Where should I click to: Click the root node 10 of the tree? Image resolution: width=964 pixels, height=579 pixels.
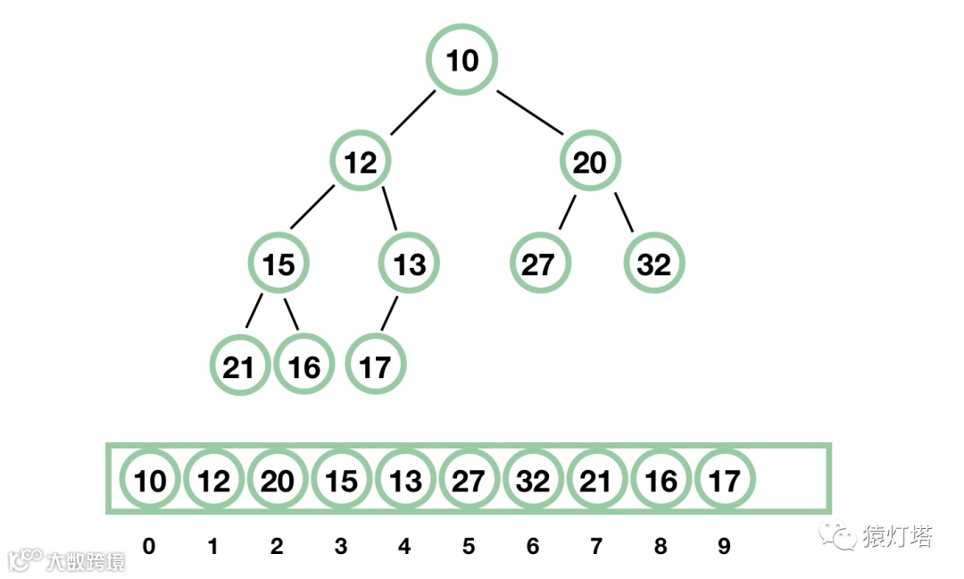click(x=461, y=61)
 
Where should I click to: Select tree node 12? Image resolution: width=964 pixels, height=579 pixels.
click(x=361, y=163)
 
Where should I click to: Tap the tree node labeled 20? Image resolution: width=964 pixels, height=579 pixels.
click(x=589, y=163)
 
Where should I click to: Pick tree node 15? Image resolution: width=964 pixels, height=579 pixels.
click(x=278, y=264)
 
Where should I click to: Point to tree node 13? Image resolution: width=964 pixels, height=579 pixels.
click(x=410, y=264)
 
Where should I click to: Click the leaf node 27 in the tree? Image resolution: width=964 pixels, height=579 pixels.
click(x=539, y=264)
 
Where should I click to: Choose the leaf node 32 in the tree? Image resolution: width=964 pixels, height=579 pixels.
click(x=654, y=264)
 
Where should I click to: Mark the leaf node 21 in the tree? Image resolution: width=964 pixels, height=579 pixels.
click(x=238, y=366)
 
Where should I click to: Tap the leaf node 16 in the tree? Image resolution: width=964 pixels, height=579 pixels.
click(x=304, y=366)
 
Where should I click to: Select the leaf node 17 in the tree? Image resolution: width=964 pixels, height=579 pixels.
click(x=375, y=366)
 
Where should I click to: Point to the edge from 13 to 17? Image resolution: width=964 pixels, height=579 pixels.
click(x=390, y=315)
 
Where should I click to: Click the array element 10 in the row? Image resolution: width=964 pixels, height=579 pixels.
click(x=149, y=481)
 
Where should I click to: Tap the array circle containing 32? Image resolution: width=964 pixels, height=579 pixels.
click(x=533, y=481)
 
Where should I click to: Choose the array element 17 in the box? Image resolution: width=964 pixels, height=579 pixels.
click(x=725, y=481)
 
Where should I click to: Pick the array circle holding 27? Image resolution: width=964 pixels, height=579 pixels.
click(x=470, y=481)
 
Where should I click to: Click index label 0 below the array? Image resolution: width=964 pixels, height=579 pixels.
click(x=148, y=546)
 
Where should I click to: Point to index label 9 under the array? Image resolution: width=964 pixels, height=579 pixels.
click(x=724, y=546)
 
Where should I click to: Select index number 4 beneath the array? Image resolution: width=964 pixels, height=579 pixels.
click(x=404, y=546)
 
